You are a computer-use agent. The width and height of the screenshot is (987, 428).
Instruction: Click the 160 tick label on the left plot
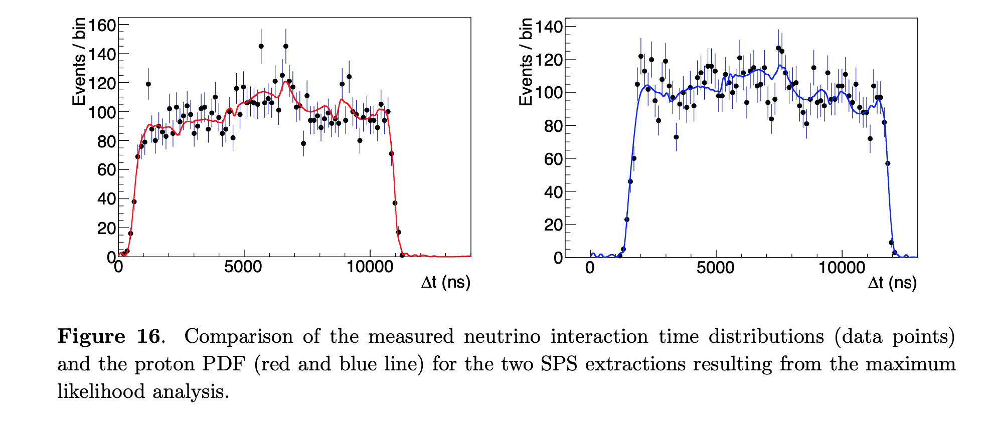point(102,25)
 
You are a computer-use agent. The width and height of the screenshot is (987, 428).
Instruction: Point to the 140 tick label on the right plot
point(549,27)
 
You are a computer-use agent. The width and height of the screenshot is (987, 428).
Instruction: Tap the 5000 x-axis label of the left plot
point(243,267)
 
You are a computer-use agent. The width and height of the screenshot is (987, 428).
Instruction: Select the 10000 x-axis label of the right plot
point(842,268)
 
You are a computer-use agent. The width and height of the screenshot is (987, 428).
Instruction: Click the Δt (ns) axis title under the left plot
point(445,283)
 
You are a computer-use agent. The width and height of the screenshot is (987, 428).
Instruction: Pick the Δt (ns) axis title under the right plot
point(892,283)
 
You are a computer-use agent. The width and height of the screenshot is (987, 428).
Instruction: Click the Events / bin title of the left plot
point(79,61)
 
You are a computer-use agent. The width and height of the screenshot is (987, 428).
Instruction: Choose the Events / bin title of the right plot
point(526,62)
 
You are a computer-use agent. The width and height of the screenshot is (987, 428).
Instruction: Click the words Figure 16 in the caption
point(109,336)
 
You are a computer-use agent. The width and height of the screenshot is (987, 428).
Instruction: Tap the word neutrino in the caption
point(502,336)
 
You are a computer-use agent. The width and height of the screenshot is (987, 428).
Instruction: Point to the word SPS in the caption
point(559,364)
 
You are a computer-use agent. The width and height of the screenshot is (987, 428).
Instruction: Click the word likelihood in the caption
point(101,391)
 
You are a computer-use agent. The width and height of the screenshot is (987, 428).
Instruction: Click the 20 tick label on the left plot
point(106,228)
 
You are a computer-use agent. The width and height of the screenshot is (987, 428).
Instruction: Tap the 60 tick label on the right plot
point(553,159)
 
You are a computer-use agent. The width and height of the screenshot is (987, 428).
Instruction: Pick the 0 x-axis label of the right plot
point(590,268)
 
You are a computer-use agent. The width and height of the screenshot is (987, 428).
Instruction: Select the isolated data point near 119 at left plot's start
point(148,84)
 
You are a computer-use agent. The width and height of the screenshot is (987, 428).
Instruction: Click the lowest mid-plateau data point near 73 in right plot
point(676,137)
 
